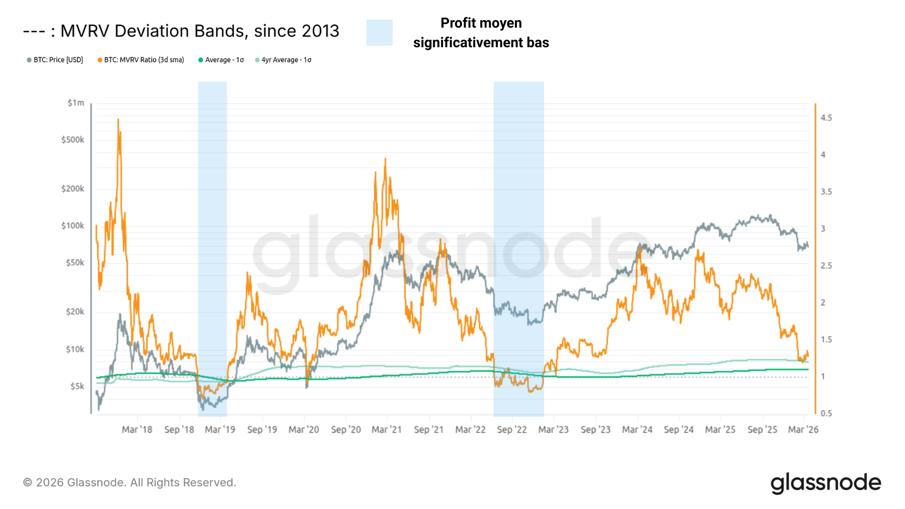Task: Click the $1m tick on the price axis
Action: (76, 103)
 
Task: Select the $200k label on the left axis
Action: (73, 189)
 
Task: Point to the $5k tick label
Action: (77, 386)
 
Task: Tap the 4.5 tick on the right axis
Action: (826, 118)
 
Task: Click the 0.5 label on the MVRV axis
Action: (826, 414)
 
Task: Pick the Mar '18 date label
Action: (137, 430)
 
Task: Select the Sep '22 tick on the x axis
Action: (512, 430)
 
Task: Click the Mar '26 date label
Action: (803, 430)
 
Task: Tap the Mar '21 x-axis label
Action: (387, 430)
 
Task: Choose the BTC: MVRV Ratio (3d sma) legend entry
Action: (144, 60)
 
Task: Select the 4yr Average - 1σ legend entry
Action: (286, 60)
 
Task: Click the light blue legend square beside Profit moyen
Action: (379, 33)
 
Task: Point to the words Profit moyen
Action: (481, 23)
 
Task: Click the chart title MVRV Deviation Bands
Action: (200, 31)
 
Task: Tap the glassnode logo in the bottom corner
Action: (826, 483)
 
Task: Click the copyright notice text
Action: (130, 482)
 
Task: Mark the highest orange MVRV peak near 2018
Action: (118, 120)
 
